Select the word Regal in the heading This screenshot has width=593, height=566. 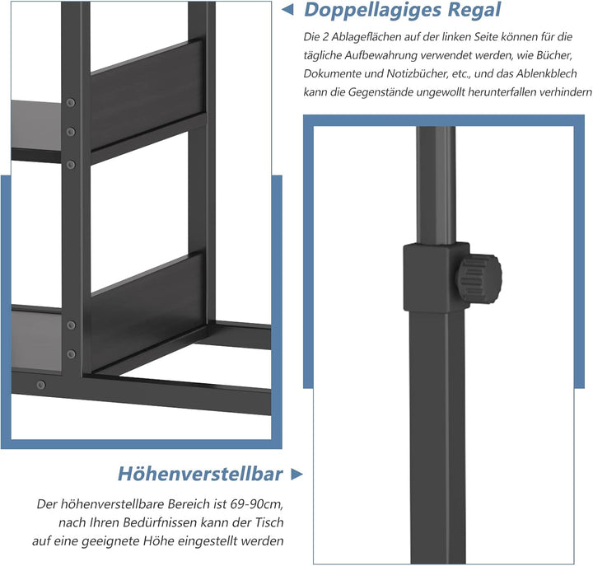[471, 11]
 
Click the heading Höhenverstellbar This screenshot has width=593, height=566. [200, 474]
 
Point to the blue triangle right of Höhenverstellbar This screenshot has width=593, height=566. [297, 474]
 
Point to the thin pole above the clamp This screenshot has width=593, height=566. [434, 181]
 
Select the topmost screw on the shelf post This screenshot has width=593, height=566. [71, 103]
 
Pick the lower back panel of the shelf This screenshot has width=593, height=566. [148, 305]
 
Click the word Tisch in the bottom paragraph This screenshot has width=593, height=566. [273, 522]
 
